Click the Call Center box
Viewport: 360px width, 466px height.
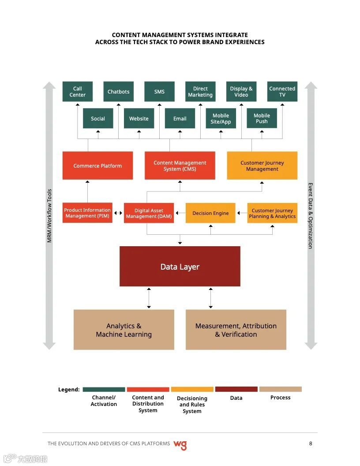coord(78,92)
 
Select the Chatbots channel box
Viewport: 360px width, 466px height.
coord(119,92)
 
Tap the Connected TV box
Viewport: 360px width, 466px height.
coord(282,92)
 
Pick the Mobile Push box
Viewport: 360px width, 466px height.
coord(262,118)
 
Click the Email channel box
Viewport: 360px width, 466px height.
coord(180,118)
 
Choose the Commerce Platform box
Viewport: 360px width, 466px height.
coord(97,166)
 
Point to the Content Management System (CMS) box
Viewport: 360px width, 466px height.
coord(180,166)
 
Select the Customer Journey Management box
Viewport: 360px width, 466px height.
coord(262,166)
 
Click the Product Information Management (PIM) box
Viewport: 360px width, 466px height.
coord(87,213)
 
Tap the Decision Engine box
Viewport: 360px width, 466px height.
coord(210,213)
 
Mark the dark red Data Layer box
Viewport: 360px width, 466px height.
coord(180,267)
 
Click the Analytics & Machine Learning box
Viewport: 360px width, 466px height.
coord(124,330)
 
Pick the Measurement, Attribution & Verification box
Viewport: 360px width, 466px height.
coord(236,330)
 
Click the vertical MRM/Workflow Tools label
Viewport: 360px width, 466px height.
coord(49,216)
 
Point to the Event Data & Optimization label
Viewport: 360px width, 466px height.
coord(311,216)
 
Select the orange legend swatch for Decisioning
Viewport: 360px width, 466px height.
coord(192,390)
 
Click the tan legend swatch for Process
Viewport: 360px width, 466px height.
coord(281,389)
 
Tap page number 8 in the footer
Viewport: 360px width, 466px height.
coord(311,443)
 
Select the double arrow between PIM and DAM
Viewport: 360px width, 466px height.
coord(118,213)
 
